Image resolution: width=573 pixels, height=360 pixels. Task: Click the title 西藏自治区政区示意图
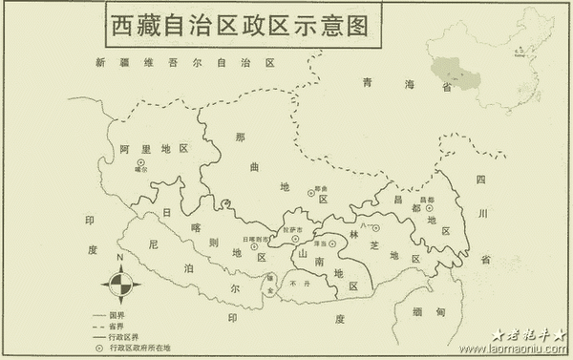click(x=240, y=24)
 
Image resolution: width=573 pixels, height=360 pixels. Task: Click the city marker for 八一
click(x=375, y=228)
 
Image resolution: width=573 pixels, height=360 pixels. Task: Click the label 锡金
click(x=270, y=289)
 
